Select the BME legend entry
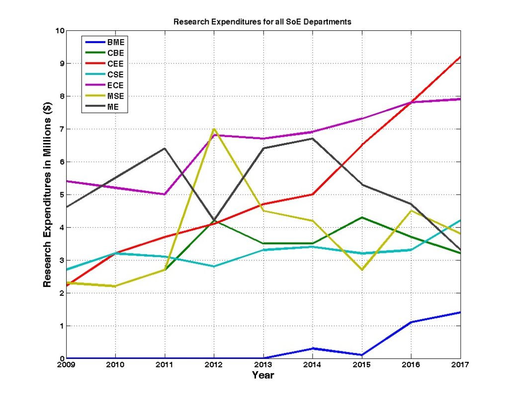coord(115,42)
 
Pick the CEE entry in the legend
coord(115,64)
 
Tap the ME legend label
coord(113,107)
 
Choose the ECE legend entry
coord(115,85)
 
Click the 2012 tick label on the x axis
coord(214,365)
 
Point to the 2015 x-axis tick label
coord(362,365)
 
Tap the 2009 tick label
coord(67,365)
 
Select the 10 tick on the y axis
coord(60,31)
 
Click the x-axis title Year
coord(263,376)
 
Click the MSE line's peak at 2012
coord(214,129)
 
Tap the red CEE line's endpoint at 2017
coord(460,57)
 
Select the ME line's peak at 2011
coord(165,148)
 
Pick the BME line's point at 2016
coord(411,322)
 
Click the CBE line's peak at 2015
coord(362,217)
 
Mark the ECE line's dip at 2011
coord(165,194)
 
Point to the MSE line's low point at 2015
coord(362,269)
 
